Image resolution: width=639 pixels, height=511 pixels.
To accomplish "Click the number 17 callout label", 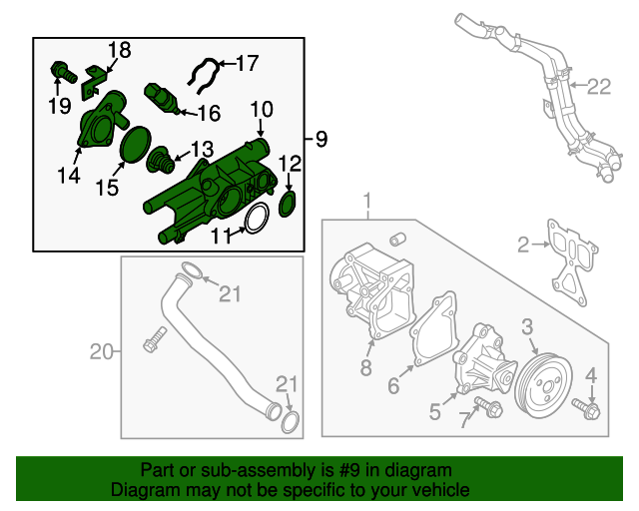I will pos(247,64).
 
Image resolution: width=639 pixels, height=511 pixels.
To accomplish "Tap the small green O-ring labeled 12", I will pos(288,204).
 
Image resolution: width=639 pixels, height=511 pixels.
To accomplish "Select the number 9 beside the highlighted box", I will pos(320,140).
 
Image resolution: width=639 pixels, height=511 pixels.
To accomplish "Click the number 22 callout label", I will pos(597,87).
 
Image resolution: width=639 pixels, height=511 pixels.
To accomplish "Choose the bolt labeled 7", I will pos(488,404).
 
